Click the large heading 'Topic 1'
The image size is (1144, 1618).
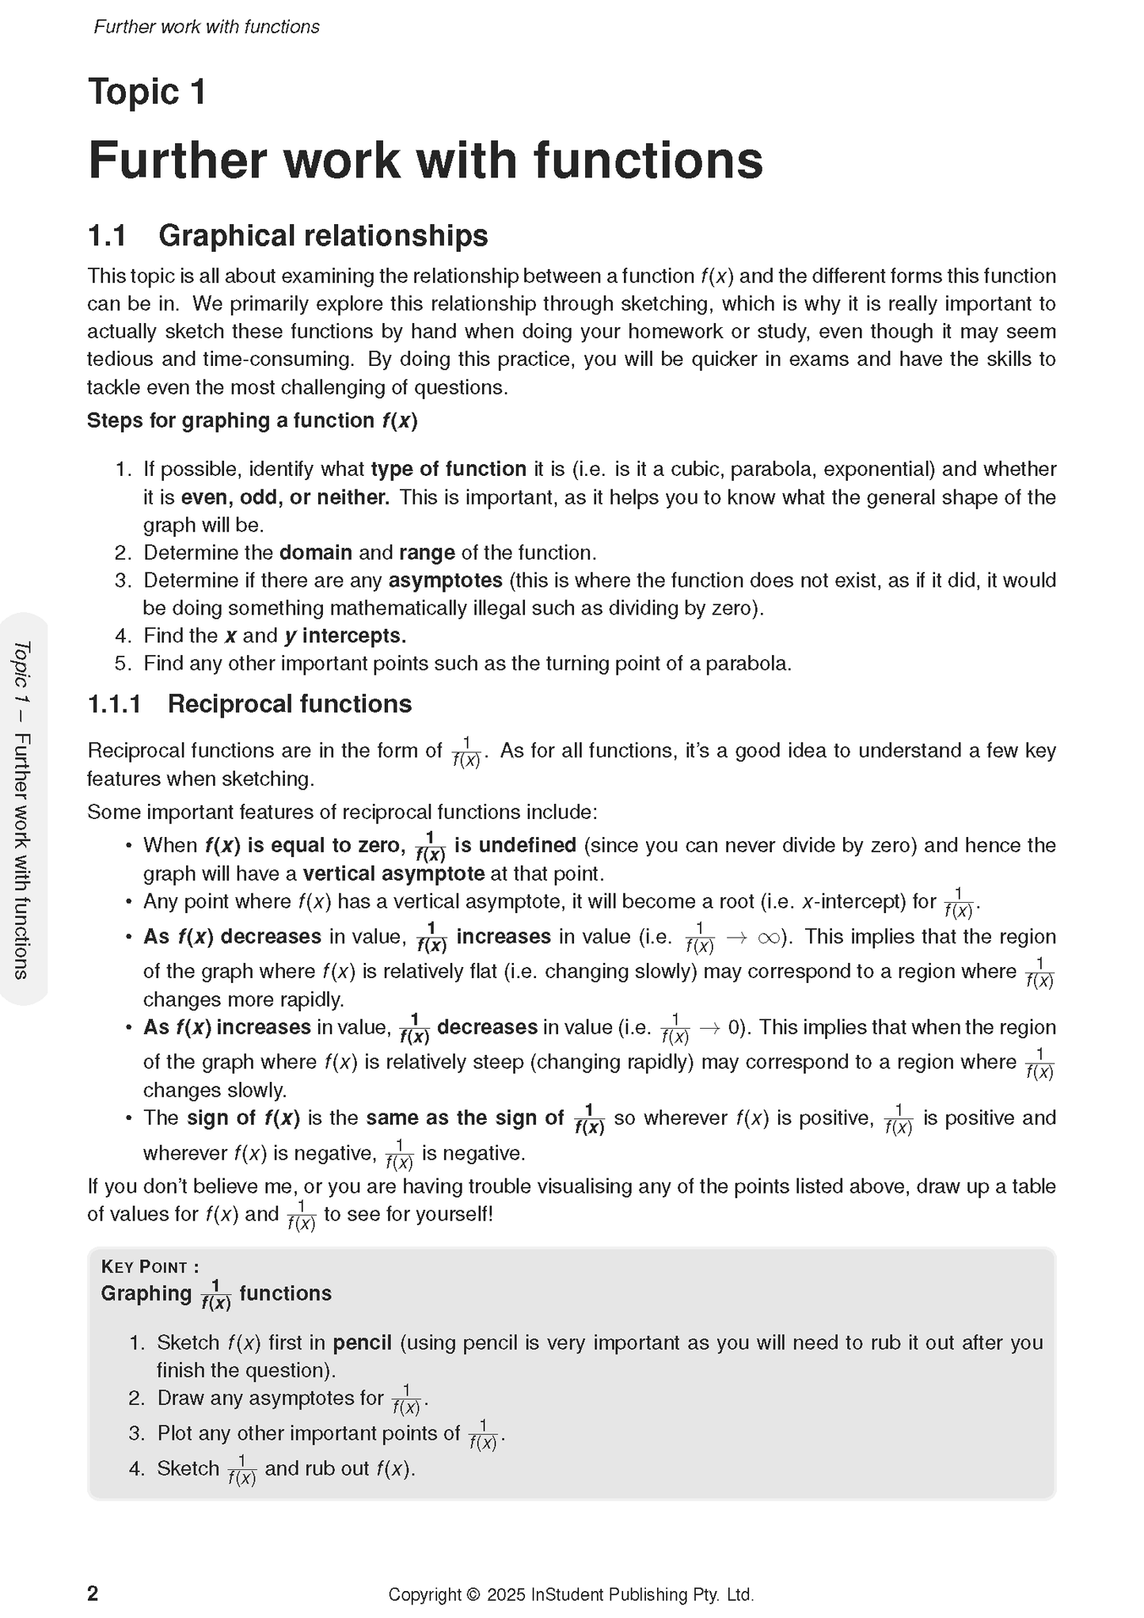(x=147, y=92)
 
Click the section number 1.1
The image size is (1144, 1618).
(x=107, y=236)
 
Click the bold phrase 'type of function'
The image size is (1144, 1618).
(x=448, y=470)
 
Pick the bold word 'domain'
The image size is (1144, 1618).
(x=315, y=553)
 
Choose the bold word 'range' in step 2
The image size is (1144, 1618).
(x=427, y=553)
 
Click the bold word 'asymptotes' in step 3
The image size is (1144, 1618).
(x=445, y=581)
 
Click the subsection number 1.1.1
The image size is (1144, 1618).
(x=114, y=704)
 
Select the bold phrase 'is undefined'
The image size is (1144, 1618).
(x=515, y=846)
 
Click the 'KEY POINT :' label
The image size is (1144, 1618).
(x=150, y=1266)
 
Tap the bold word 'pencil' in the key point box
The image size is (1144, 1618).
(x=362, y=1342)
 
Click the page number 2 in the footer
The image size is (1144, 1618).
(x=93, y=1593)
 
